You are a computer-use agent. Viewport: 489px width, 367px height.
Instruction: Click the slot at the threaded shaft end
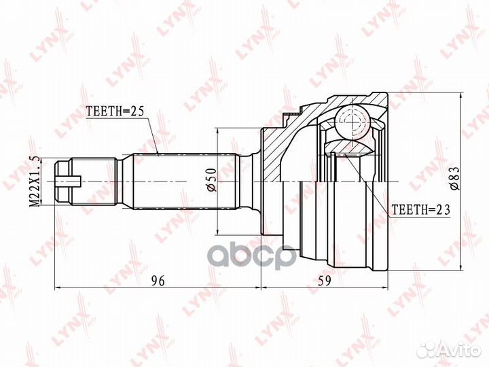[x=71, y=181]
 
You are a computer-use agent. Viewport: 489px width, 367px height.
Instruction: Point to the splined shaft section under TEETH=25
[x=183, y=181]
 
